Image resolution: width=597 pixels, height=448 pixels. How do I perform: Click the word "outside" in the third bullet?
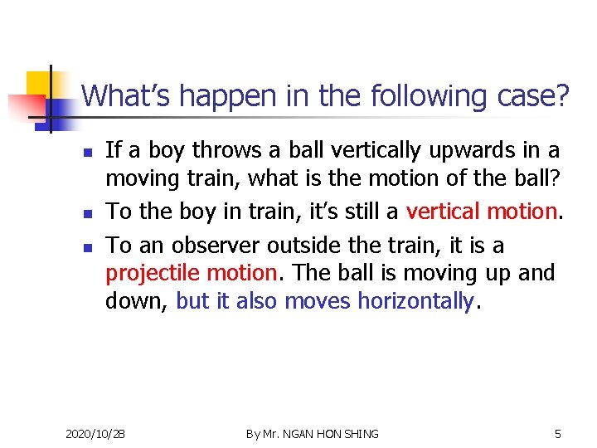(315, 246)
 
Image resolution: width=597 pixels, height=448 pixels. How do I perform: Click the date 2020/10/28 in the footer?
(95, 434)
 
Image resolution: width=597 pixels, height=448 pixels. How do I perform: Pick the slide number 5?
(557, 434)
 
